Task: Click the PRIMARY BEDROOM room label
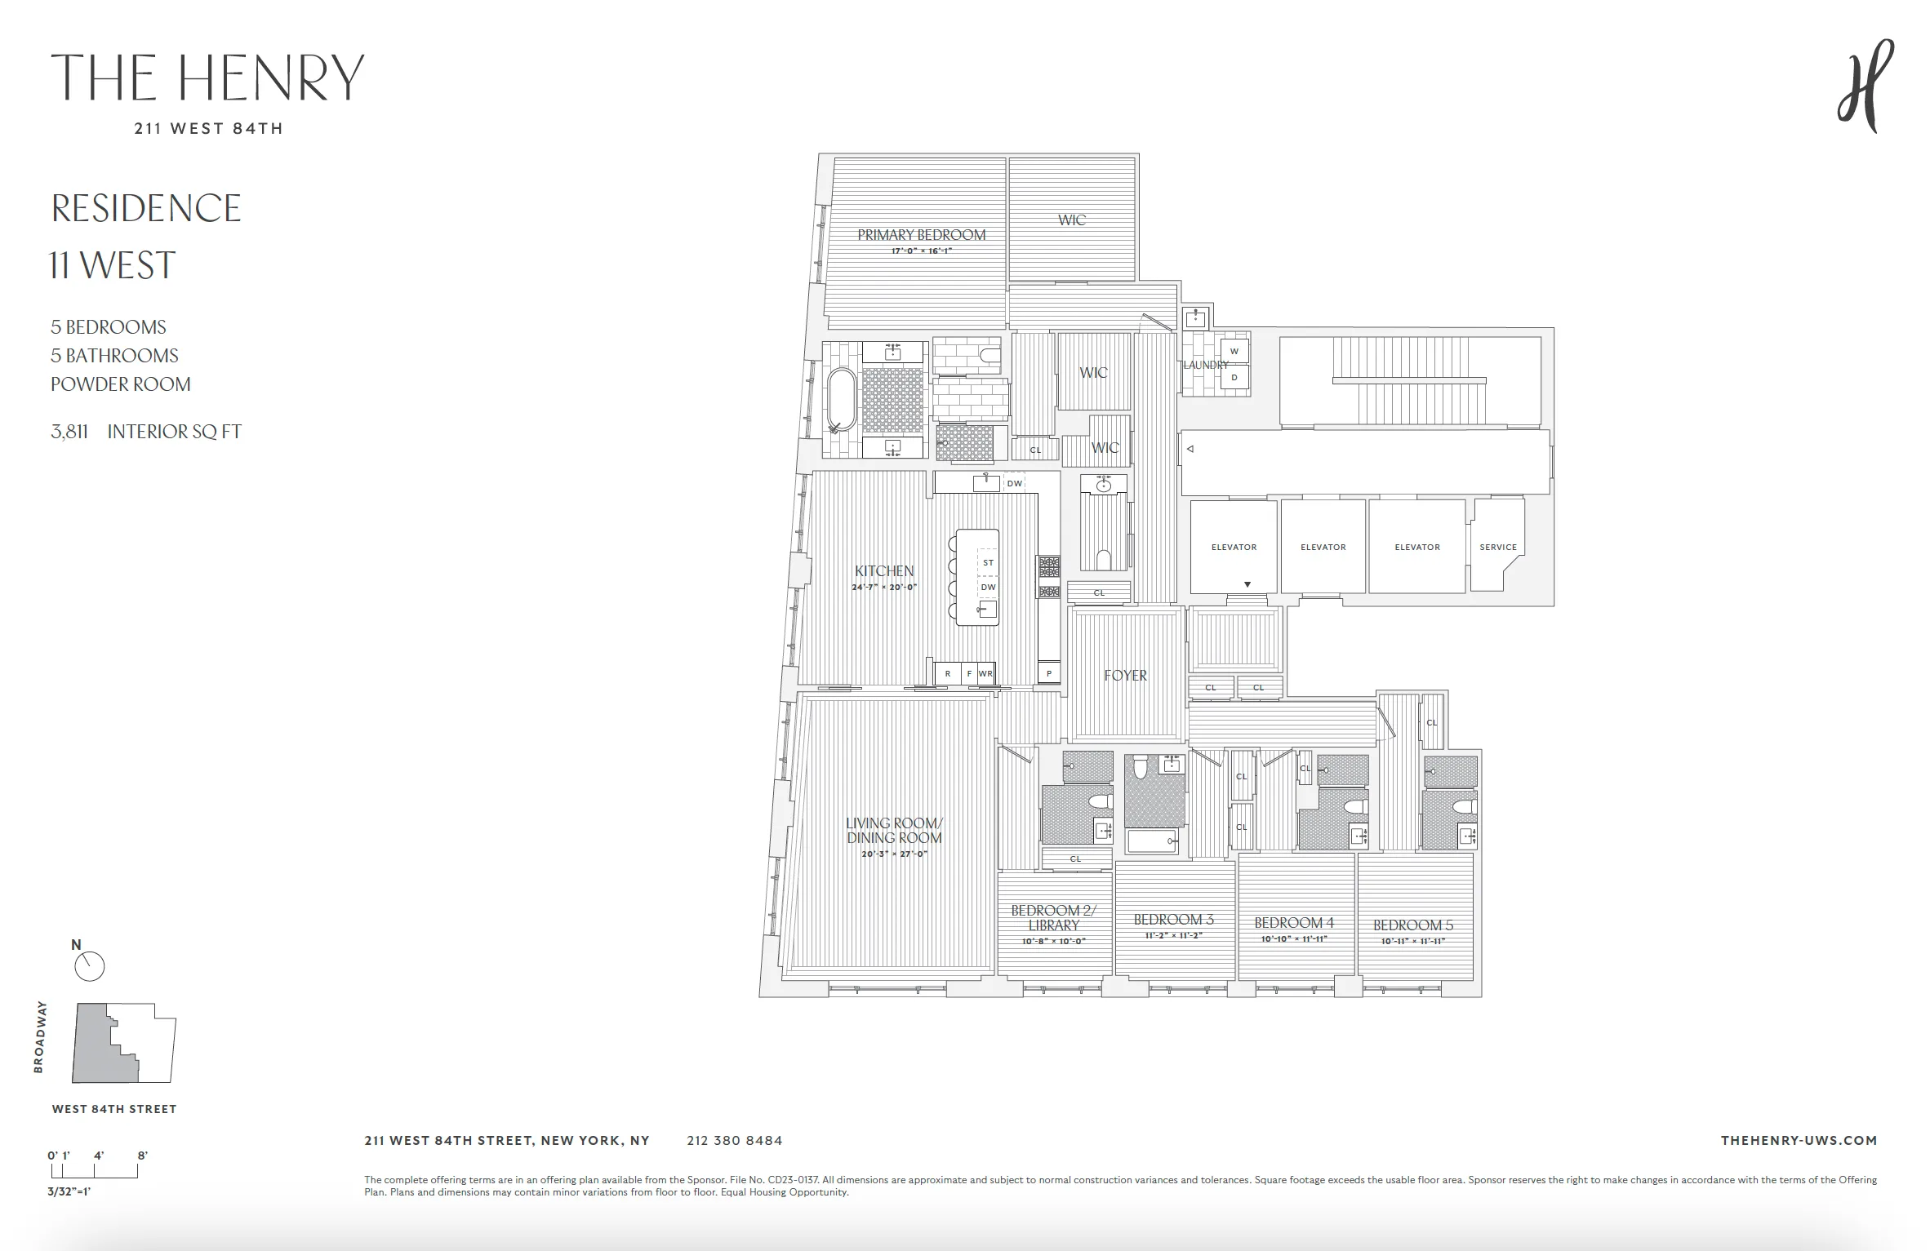[921, 235]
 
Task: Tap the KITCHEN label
[884, 570]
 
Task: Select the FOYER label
[1125, 675]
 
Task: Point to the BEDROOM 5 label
[1412, 925]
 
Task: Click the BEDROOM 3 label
[1173, 919]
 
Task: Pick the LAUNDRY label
[1205, 365]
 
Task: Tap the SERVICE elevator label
[1497, 547]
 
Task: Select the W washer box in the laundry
[1234, 352]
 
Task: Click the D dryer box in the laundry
[1234, 377]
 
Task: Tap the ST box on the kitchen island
[988, 563]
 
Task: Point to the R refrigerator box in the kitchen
[947, 673]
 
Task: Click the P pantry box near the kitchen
[1049, 673]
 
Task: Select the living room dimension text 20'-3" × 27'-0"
[894, 854]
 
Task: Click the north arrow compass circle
[90, 967]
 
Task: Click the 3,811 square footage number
[69, 432]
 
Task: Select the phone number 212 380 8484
[734, 1140]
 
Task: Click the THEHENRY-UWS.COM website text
[1798, 1140]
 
